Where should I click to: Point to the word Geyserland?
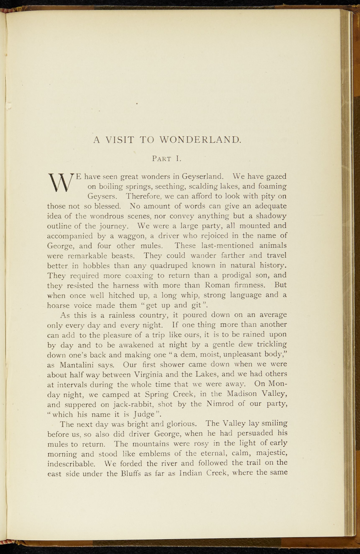click(203, 177)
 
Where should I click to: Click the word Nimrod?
click(222, 404)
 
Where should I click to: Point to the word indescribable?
click(71, 464)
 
